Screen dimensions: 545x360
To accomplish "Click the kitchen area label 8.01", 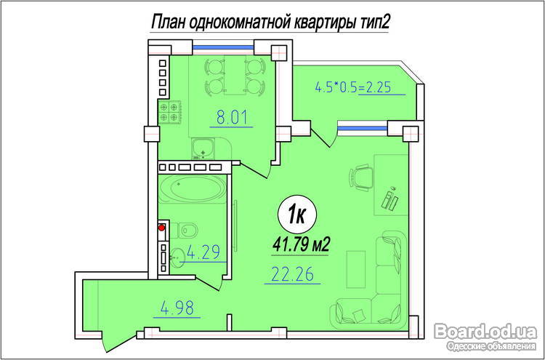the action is [x=232, y=117].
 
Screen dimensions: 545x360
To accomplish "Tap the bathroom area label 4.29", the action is [x=203, y=252].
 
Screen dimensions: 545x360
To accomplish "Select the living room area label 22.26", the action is [x=292, y=273].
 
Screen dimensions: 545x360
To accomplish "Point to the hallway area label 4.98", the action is [x=177, y=308].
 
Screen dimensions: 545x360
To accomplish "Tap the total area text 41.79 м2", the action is [x=301, y=244].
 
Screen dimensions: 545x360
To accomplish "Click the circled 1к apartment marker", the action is [x=297, y=215].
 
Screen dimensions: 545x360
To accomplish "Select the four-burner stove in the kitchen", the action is [x=169, y=112].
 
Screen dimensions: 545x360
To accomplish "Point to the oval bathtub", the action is [x=193, y=188].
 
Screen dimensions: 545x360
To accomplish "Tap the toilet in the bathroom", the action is [x=186, y=230].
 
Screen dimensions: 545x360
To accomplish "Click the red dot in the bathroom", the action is [x=161, y=228].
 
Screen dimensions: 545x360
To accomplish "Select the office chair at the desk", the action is [x=360, y=177].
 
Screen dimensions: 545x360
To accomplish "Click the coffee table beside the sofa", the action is [x=356, y=269].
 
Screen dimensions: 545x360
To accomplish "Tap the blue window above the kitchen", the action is [x=223, y=48].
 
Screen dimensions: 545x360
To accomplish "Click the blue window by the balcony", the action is [x=363, y=128].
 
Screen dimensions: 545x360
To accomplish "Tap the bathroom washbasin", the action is [x=177, y=258].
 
